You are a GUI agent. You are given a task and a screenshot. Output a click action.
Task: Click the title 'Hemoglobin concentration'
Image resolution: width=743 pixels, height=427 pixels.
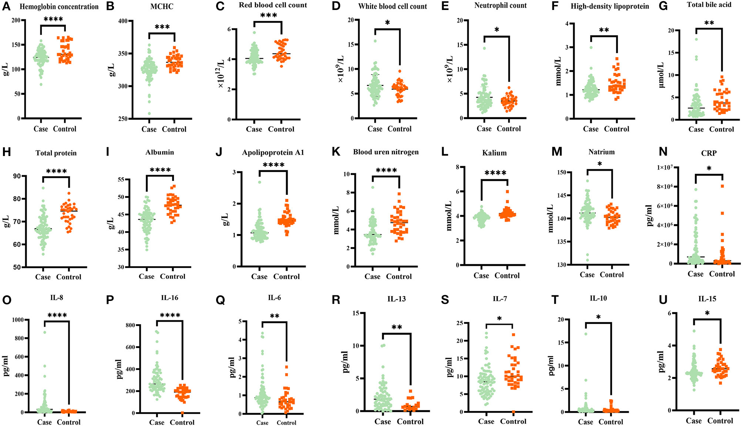(59, 7)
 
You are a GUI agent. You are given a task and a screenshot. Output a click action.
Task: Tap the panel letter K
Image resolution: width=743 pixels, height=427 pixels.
(336, 152)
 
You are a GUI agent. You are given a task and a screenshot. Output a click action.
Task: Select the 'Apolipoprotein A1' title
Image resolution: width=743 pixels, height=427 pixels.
(273, 153)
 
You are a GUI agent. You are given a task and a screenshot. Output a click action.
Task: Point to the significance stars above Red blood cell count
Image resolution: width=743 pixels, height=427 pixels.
(269, 16)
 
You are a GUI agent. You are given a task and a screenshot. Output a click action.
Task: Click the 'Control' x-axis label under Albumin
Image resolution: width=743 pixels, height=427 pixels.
(172, 277)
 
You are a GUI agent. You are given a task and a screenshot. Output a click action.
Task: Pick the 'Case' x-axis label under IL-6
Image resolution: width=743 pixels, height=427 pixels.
(262, 423)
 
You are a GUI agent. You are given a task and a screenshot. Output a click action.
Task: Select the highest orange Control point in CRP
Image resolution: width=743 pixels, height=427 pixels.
(722, 186)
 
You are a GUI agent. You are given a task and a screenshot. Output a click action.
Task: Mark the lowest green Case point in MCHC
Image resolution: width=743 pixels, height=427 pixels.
(149, 113)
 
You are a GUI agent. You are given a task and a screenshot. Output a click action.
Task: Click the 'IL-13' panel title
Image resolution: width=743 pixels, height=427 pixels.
(396, 299)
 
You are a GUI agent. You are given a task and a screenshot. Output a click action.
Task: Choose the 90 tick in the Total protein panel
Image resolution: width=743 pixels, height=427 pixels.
(17, 176)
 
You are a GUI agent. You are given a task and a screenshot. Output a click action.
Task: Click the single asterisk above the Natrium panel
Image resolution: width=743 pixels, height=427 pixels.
(600, 164)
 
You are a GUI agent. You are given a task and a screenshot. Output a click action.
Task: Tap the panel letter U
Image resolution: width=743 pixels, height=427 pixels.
(663, 299)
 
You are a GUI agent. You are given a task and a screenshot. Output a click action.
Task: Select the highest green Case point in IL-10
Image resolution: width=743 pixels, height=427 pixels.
(586, 334)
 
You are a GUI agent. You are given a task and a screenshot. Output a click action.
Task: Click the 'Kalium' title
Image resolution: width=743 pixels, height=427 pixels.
(494, 153)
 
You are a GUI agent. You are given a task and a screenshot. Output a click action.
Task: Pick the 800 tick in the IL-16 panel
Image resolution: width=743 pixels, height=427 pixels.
(130, 325)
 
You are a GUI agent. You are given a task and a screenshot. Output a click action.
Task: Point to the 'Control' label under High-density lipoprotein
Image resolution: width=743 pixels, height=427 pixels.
(616, 129)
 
